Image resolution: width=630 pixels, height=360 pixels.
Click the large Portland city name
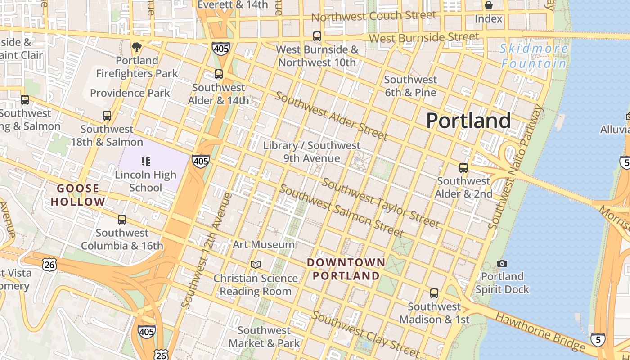(x=468, y=121)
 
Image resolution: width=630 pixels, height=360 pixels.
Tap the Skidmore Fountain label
(x=534, y=56)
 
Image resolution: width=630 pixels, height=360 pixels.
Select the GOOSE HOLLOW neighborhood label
(x=78, y=195)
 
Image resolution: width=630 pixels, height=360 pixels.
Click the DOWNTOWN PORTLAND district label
(x=346, y=269)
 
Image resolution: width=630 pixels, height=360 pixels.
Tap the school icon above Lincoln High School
(x=145, y=161)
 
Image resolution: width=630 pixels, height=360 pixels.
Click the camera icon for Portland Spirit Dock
(x=502, y=263)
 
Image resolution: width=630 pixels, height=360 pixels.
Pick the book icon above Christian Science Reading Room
(x=256, y=265)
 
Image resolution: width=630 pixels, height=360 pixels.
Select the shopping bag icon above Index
(x=488, y=5)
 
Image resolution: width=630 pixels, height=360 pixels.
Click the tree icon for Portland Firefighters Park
(x=137, y=47)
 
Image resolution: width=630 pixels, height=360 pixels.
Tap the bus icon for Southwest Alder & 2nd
(x=463, y=168)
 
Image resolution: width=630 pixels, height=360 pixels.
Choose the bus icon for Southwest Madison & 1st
(x=434, y=293)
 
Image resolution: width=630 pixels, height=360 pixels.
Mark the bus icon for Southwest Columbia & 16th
(x=122, y=220)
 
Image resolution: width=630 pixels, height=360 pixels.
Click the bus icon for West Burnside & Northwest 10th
(x=317, y=36)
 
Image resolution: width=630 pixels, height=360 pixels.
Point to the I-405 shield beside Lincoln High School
(x=200, y=161)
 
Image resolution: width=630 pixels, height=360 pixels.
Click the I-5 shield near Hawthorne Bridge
(x=598, y=340)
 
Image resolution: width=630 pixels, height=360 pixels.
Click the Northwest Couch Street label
(x=373, y=16)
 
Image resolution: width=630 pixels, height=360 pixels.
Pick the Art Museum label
(x=264, y=245)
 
